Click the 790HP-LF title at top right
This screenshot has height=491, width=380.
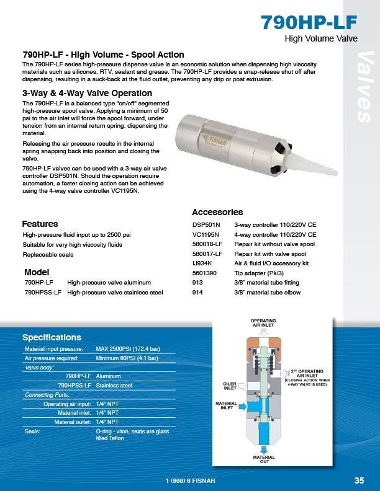309,22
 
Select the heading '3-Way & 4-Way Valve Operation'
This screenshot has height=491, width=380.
78,93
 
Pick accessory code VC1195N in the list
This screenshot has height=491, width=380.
206,235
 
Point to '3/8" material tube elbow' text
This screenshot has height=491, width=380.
267,292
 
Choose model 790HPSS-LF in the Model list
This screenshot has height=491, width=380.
43,292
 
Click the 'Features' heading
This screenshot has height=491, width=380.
40,224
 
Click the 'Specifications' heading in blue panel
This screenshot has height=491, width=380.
52,337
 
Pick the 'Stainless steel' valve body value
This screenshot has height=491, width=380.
114,386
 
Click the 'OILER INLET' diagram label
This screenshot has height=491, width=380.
230,386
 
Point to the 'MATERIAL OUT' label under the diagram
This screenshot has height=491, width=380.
264,459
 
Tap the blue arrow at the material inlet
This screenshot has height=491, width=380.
245,406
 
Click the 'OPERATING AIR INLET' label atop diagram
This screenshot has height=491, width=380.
263,322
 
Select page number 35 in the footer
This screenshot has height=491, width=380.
359,480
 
